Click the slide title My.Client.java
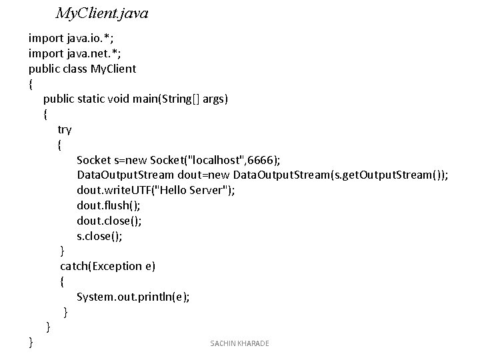click(102, 13)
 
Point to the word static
click(95, 99)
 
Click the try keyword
click(65, 129)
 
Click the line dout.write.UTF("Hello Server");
click(155, 190)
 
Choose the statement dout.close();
click(109, 221)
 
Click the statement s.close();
click(99, 235)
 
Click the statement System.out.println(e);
click(133, 297)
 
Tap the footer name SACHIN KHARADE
click(239, 343)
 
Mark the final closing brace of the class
click(31, 342)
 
